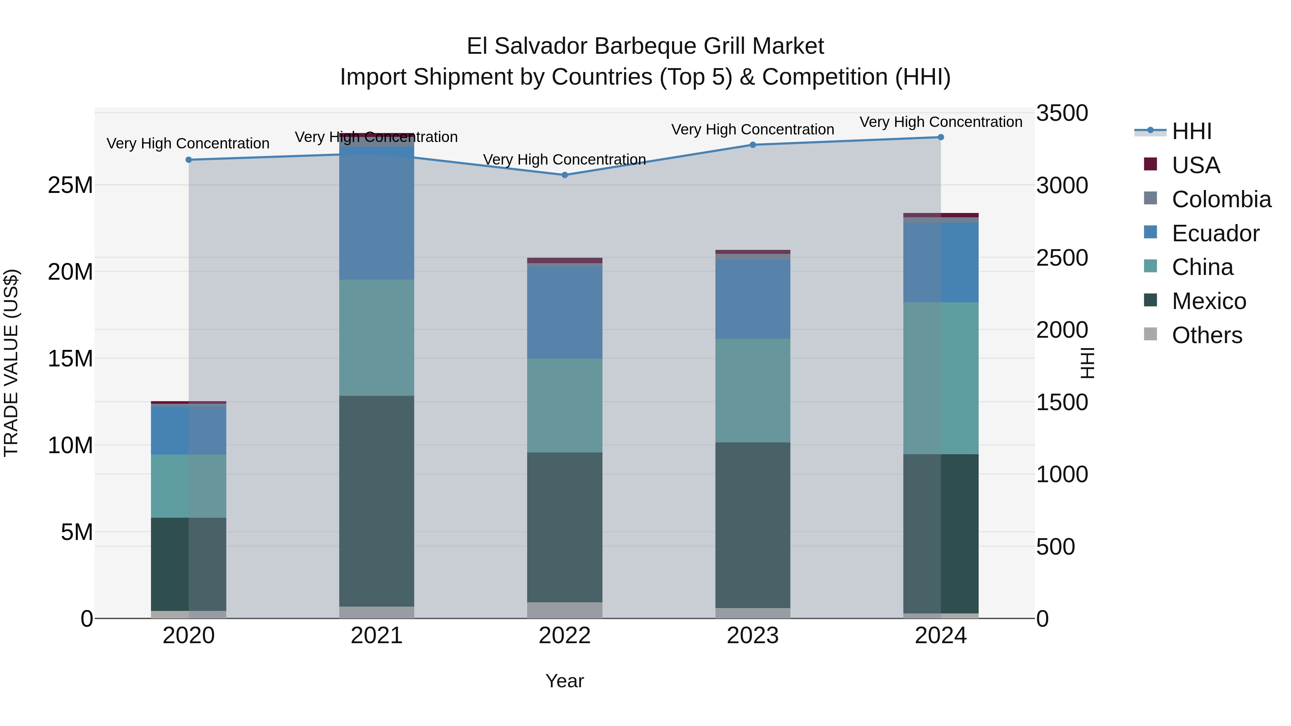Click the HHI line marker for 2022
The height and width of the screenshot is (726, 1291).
[x=564, y=175]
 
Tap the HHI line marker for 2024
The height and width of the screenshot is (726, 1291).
[x=940, y=137]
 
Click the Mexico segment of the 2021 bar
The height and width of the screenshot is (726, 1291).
[x=377, y=501]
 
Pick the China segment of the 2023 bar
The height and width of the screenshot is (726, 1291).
[x=752, y=390]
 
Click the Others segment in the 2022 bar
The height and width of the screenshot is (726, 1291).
[x=564, y=610]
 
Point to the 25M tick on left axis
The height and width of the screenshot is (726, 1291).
[x=70, y=185]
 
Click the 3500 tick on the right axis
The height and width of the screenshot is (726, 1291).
[x=1062, y=113]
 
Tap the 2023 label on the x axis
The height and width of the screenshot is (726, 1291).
[x=752, y=636]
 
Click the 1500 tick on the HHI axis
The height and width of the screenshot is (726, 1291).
[x=1062, y=402]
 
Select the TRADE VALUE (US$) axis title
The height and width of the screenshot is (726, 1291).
[x=11, y=363]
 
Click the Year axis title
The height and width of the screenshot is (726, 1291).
[x=564, y=681]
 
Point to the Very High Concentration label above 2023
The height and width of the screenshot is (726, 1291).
[x=752, y=129]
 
